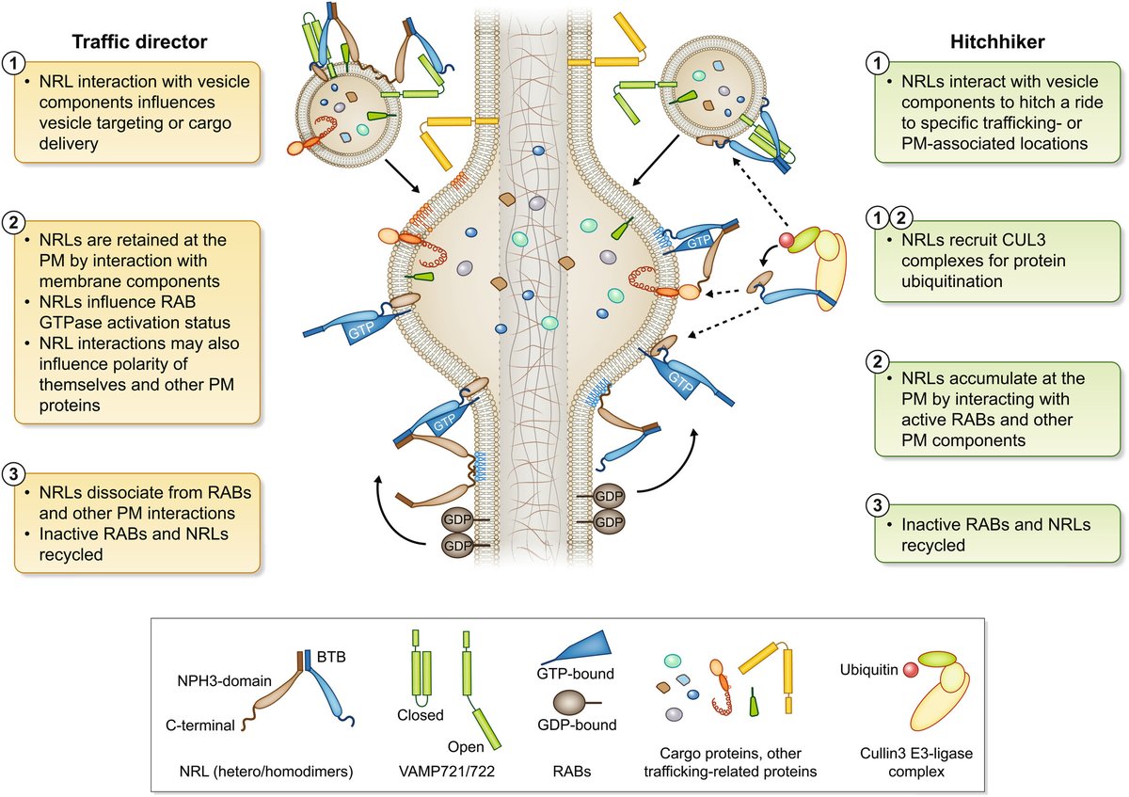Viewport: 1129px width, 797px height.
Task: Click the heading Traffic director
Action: click(x=139, y=41)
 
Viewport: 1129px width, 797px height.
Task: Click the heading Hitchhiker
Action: click(x=997, y=41)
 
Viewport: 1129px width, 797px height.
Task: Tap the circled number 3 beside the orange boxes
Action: click(x=13, y=474)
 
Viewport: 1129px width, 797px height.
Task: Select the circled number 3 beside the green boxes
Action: click(x=878, y=505)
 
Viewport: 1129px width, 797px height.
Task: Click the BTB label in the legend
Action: click(x=331, y=657)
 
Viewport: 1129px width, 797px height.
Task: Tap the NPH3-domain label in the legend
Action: click(x=224, y=681)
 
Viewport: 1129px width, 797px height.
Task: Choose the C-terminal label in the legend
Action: click(x=200, y=725)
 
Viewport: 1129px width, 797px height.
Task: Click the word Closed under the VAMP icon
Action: click(x=421, y=715)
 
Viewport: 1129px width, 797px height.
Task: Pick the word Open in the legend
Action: click(x=466, y=746)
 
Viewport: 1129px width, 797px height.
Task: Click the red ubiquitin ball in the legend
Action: click(x=911, y=670)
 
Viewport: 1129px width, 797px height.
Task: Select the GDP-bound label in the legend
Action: click(x=577, y=725)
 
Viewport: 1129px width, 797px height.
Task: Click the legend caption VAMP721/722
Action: click(x=447, y=772)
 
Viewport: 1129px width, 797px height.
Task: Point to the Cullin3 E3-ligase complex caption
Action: click(x=916, y=762)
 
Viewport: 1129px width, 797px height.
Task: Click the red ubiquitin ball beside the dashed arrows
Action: click(x=787, y=240)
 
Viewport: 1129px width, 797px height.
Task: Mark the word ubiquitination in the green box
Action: click(x=952, y=281)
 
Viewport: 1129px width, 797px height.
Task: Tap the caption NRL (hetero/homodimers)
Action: click(x=266, y=772)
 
